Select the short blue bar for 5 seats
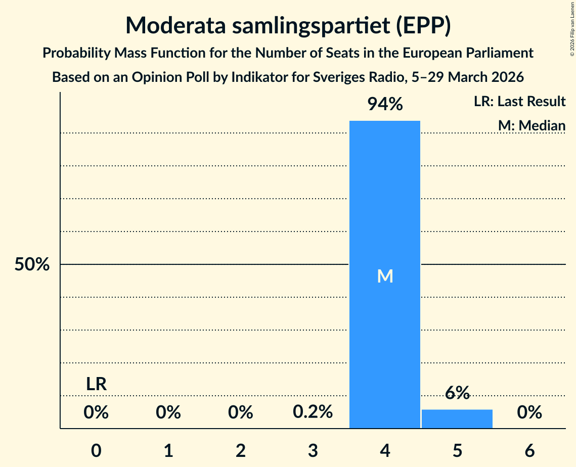[457, 419]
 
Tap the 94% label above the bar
[385, 105]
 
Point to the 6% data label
[457, 393]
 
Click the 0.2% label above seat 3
[313, 412]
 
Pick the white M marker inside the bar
[385, 276]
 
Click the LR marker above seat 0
[96, 384]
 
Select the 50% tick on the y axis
[32, 264]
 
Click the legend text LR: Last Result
[519, 102]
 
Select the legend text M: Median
[531, 125]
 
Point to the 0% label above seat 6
[529, 412]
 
